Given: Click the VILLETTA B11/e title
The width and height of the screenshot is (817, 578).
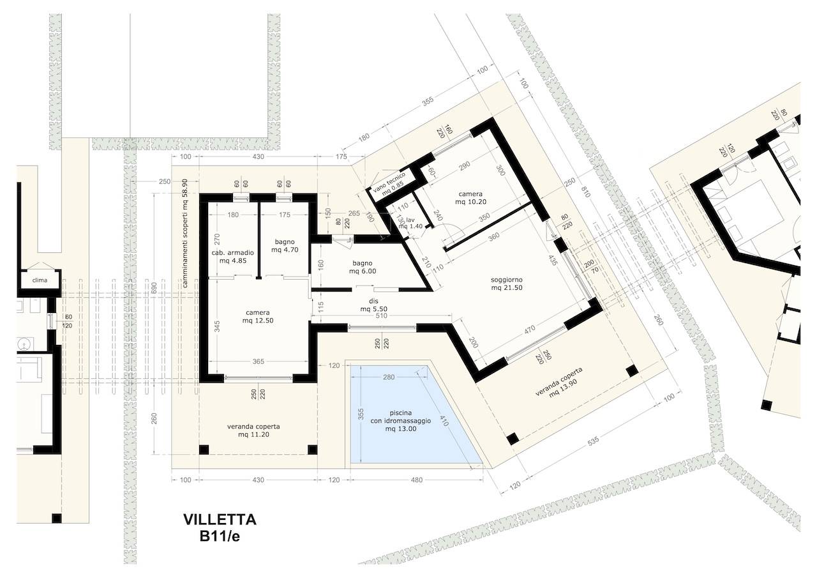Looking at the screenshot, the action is pyautogui.click(x=220, y=528).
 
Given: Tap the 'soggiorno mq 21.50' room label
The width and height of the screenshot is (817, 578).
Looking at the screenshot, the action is pyautogui.click(x=507, y=284).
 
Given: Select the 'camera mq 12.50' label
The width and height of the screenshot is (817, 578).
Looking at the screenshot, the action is pyautogui.click(x=258, y=316).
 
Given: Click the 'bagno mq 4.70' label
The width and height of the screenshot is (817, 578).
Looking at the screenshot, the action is pyautogui.click(x=285, y=246).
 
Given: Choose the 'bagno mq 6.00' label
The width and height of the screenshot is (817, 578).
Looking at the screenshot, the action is pyautogui.click(x=363, y=267).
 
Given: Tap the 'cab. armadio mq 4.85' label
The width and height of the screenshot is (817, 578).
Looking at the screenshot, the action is pyautogui.click(x=233, y=256).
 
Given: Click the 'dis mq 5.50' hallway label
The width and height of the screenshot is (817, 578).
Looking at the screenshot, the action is pyautogui.click(x=373, y=305).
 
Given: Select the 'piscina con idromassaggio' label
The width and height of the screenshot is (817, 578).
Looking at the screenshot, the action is pyautogui.click(x=400, y=416).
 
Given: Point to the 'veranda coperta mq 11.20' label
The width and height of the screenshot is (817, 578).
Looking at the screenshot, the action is pyautogui.click(x=253, y=430).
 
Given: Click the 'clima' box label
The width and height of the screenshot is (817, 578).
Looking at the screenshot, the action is pyautogui.click(x=40, y=280).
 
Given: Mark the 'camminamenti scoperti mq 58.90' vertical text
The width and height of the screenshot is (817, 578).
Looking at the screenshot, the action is pyautogui.click(x=184, y=233).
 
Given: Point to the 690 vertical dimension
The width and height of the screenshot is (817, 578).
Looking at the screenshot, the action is pyautogui.click(x=154, y=287).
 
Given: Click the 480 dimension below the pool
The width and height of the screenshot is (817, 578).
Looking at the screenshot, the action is pyautogui.click(x=417, y=480).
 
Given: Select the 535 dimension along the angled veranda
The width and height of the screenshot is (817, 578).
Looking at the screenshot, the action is pyautogui.click(x=594, y=442).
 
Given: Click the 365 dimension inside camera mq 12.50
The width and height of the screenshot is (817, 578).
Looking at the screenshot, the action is pyautogui.click(x=259, y=361).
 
